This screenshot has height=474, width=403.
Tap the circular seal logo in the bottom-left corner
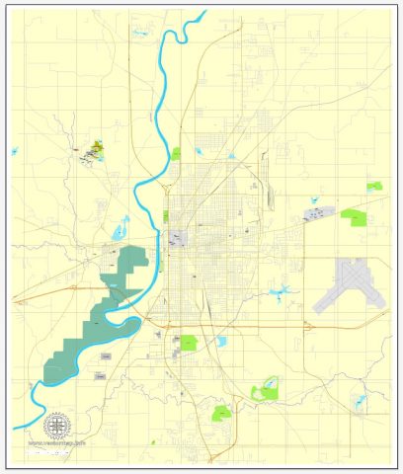click(x=58, y=426)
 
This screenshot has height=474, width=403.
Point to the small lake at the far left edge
click(x=15, y=151)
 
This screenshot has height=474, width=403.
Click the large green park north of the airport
click(x=353, y=216)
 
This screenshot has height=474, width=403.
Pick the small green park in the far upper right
click(x=373, y=186)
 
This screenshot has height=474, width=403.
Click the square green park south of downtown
click(x=188, y=343)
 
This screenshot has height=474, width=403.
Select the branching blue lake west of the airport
click(x=282, y=293)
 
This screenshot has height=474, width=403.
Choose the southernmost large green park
click(x=223, y=412)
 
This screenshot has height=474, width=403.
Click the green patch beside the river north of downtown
click(x=177, y=153)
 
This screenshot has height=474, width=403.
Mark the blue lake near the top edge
click(x=139, y=33)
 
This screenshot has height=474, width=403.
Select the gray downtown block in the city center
click(x=178, y=238)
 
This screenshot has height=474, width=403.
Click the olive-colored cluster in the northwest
click(x=96, y=149)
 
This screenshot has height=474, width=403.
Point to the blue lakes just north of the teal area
click(x=121, y=233)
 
